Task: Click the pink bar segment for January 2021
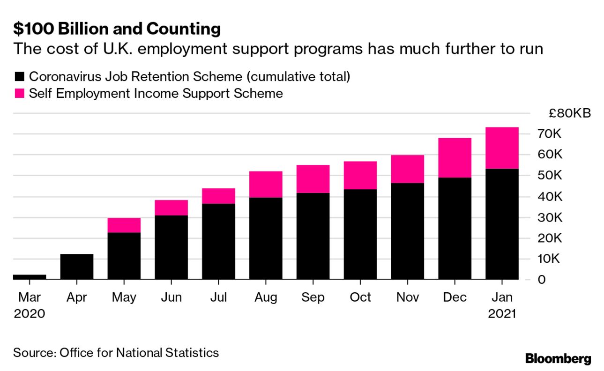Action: click(x=502, y=148)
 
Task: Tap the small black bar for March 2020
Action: click(x=30, y=277)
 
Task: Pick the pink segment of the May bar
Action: click(x=124, y=225)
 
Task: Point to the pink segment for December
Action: click(x=455, y=157)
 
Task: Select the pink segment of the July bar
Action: click(x=218, y=196)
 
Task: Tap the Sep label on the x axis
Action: click(x=313, y=297)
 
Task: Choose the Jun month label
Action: click(x=171, y=297)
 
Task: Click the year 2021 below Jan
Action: click(x=502, y=313)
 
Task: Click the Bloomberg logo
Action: click(x=558, y=359)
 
